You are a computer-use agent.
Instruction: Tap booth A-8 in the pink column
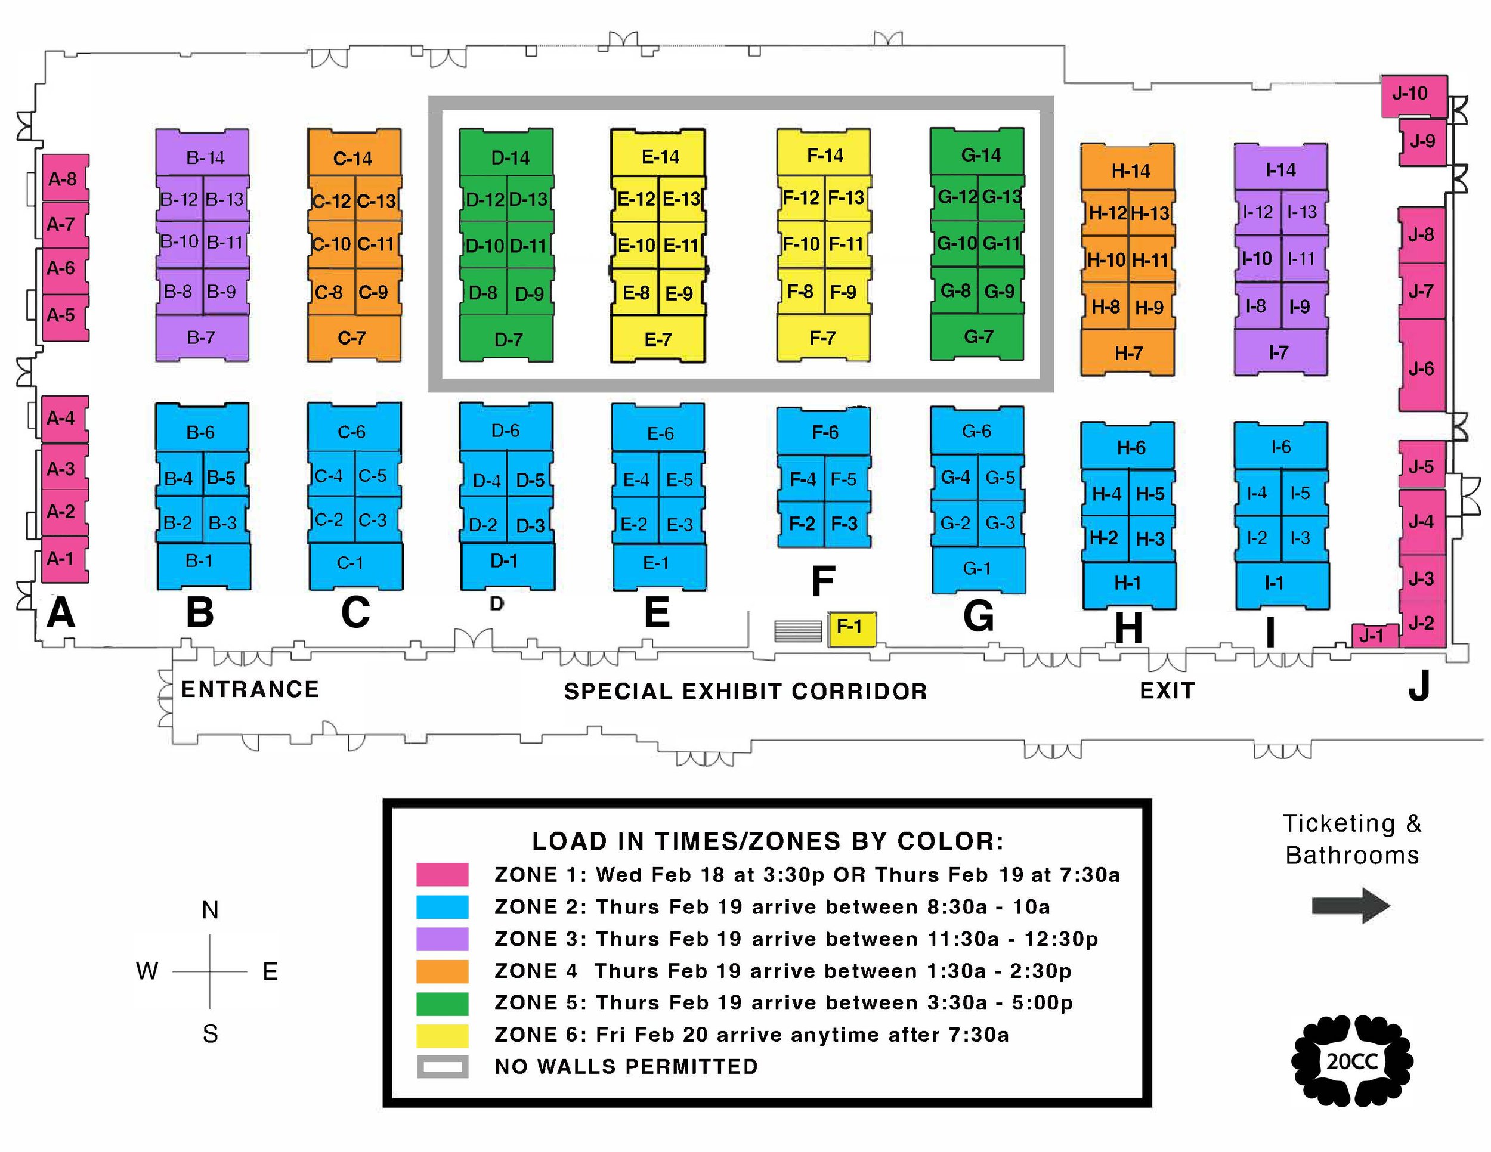click(65, 178)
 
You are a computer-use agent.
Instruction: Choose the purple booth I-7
click(1280, 353)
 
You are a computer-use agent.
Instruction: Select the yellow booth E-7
click(657, 339)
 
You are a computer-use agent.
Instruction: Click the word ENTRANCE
click(250, 689)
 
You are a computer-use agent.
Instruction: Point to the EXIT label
click(1167, 690)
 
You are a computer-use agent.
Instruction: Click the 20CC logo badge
click(1351, 1062)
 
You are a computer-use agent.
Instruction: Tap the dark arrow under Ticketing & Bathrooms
click(1350, 906)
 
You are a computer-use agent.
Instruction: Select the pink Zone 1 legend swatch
click(443, 874)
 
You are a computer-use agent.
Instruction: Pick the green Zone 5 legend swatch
click(443, 1003)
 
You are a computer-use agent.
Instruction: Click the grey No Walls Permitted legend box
click(443, 1067)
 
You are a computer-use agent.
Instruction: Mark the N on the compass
click(211, 911)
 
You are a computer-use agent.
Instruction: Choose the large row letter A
click(61, 612)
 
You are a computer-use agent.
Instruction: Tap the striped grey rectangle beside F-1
click(797, 631)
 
